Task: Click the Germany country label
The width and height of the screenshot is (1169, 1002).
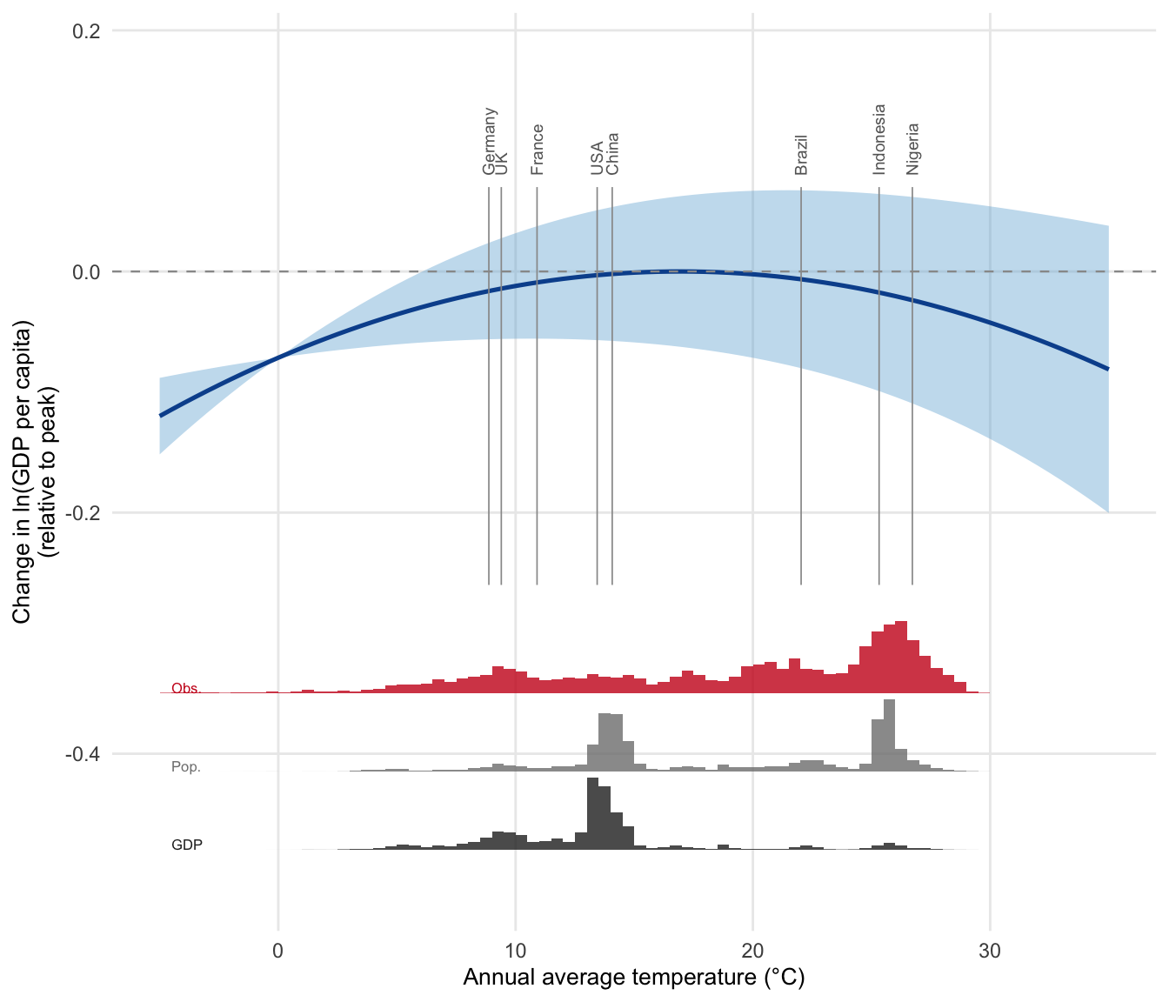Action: click(490, 141)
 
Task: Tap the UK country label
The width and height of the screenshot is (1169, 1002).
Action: click(501, 164)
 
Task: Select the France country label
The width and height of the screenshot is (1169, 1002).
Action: click(538, 150)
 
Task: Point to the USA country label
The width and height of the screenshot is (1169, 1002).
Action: click(597, 158)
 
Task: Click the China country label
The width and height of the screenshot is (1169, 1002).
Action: click(612, 153)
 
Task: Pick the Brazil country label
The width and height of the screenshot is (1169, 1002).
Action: click(802, 155)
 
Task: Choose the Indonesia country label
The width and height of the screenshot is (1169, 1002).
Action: click(879, 140)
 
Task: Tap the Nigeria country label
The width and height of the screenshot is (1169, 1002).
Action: click(912, 149)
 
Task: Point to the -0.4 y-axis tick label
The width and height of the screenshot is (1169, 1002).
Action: click(83, 754)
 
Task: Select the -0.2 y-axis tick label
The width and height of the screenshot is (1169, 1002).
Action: click(83, 513)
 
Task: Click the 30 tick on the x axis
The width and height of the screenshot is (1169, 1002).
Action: click(990, 951)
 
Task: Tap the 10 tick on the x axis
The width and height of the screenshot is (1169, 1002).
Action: click(515, 951)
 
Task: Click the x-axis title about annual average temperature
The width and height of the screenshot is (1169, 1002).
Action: click(634, 978)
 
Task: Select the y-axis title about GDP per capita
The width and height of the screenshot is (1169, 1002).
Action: click(34, 471)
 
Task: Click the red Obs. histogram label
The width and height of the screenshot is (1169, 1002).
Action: click(186, 688)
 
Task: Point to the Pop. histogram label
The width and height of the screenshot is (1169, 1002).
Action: click(186, 767)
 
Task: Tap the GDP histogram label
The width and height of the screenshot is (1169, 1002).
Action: click(187, 845)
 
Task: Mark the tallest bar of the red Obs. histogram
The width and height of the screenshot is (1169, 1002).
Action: click(901, 657)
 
